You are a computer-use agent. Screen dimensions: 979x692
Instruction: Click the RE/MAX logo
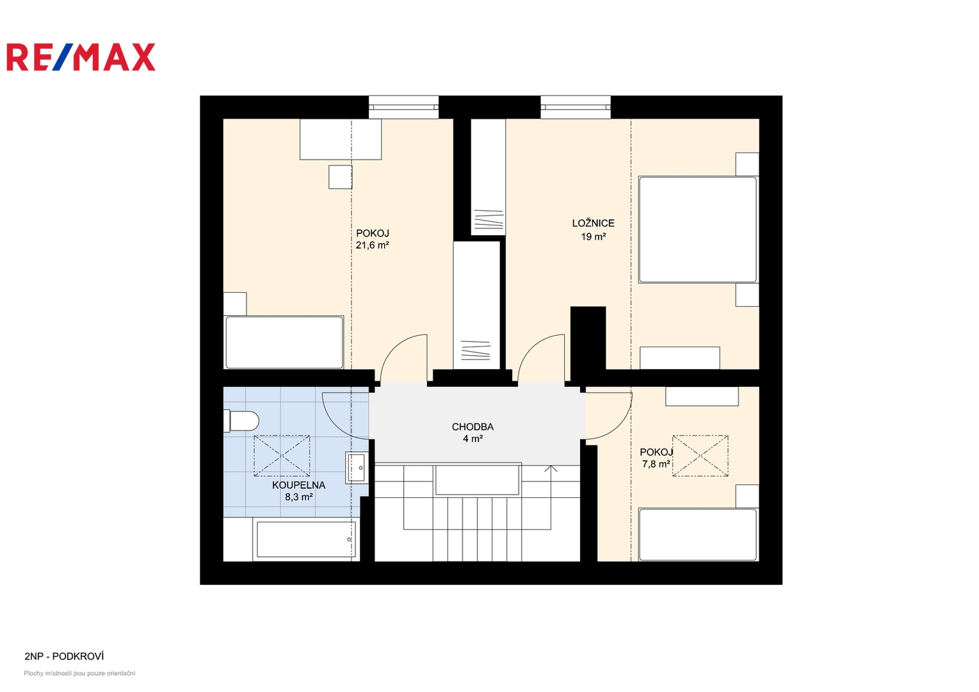tap(81, 57)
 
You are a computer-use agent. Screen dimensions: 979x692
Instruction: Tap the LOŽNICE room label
tap(593, 223)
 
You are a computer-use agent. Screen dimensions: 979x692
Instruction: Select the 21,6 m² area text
tap(372, 245)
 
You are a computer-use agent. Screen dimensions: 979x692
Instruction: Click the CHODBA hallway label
tap(473, 427)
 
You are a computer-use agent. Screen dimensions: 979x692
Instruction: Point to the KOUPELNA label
tap(298, 485)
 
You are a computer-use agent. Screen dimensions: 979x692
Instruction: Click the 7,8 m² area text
tap(656, 464)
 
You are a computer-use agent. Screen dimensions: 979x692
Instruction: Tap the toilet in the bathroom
tap(241, 421)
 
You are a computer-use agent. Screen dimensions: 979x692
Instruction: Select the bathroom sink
tap(357, 468)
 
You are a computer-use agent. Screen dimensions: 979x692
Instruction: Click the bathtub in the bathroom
tap(306, 540)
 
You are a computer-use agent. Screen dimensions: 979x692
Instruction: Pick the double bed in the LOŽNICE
tap(697, 229)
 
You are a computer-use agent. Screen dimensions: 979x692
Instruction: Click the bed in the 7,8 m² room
tap(698, 534)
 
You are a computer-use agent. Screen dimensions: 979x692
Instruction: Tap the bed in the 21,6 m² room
tap(284, 343)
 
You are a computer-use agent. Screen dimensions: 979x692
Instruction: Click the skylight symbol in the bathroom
tap(282, 456)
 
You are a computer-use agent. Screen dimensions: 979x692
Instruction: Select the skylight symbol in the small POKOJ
tap(700, 456)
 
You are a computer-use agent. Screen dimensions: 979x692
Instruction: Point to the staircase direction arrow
tap(551, 469)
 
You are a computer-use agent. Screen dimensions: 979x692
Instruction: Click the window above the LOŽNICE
tap(575, 107)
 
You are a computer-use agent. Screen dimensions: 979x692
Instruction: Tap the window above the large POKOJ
tap(403, 107)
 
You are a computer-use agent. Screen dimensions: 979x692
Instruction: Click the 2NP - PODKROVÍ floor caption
tap(64, 656)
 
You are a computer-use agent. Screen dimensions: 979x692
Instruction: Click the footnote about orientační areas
tap(79, 673)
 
